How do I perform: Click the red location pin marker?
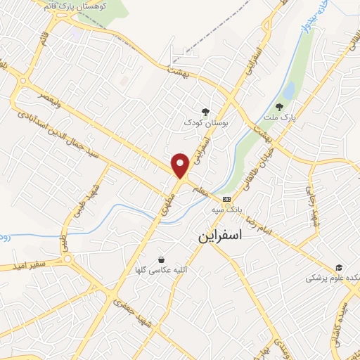point(181,166)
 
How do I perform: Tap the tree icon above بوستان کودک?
point(205,111)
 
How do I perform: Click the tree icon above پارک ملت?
point(280,106)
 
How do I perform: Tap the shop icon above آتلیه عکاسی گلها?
point(162,259)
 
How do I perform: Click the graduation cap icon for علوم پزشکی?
point(339,267)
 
